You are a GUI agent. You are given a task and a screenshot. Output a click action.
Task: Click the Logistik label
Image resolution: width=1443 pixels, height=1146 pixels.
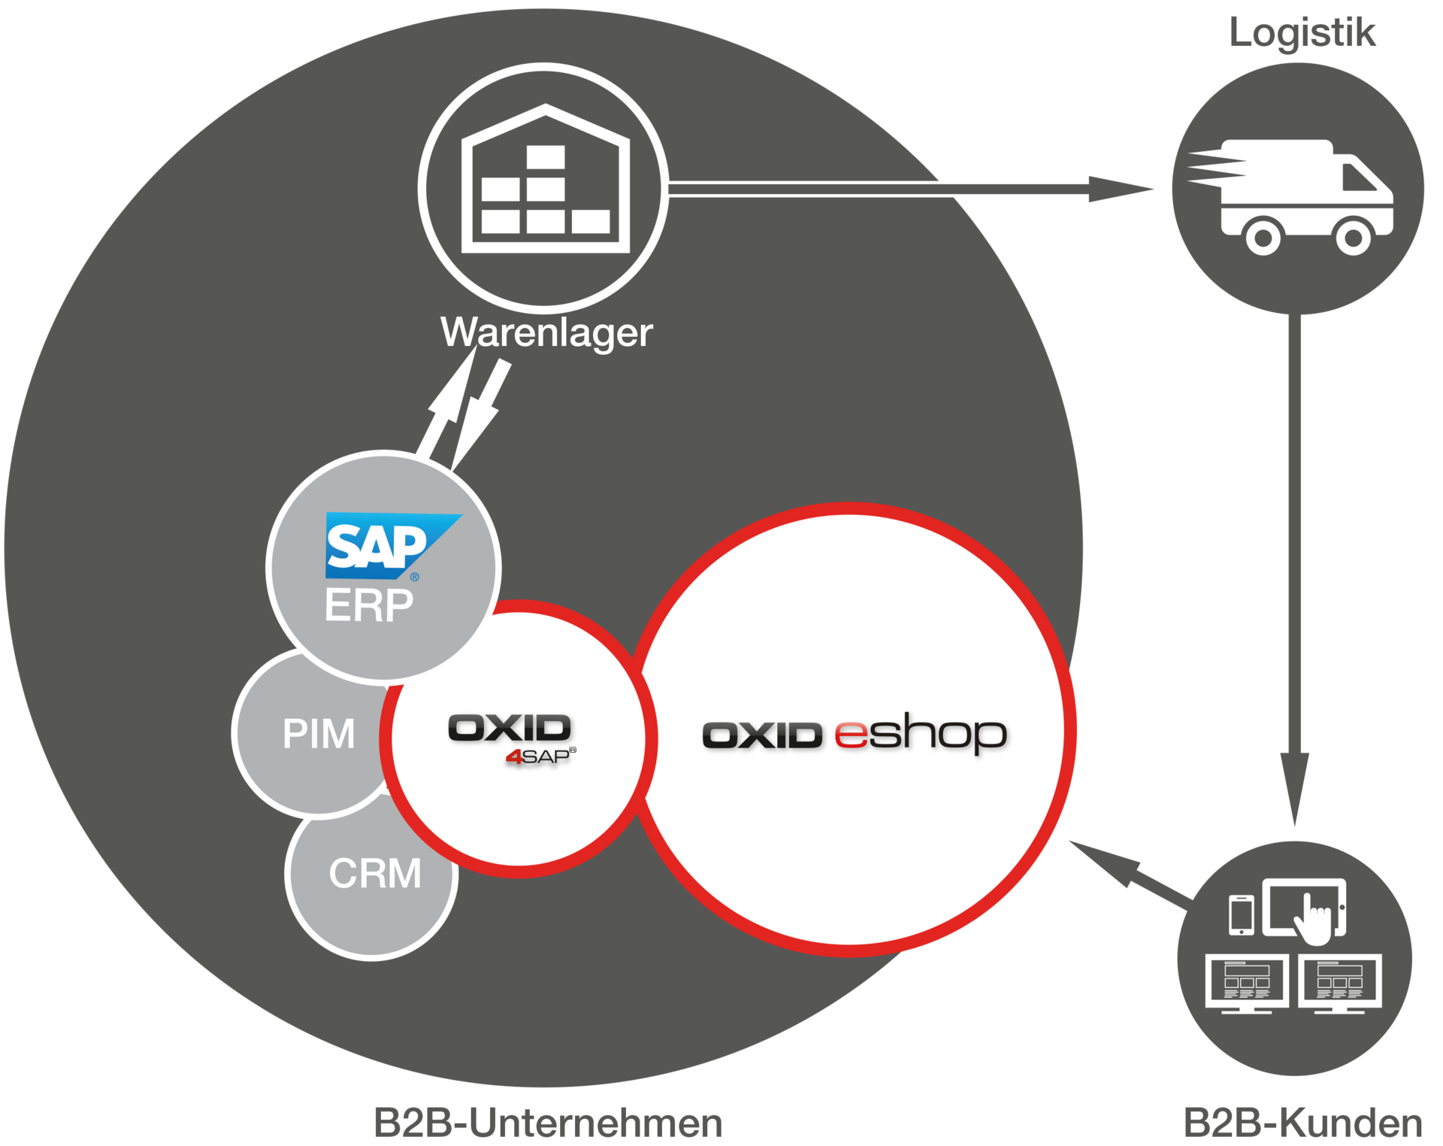tap(1302, 33)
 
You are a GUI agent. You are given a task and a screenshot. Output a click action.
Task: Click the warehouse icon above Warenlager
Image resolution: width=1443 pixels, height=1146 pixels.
tap(544, 180)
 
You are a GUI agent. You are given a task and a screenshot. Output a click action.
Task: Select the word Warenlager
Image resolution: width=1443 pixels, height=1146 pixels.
tap(546, 332)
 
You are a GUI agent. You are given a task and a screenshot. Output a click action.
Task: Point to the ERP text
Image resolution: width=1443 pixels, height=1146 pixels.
tap(369, 605)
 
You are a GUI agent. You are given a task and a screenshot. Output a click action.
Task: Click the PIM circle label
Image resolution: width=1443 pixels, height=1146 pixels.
tap(319, 734)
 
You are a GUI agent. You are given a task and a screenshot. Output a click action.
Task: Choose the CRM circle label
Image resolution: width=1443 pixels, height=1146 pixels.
tap(375, 874)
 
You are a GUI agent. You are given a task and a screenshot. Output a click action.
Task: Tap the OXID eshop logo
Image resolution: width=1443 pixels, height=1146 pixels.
tap(854, 734)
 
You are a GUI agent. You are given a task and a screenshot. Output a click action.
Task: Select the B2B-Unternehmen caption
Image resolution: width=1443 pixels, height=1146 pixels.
tap(547, 1123)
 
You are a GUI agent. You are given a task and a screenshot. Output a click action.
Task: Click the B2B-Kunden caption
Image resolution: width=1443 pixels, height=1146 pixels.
tap(1302, 1123)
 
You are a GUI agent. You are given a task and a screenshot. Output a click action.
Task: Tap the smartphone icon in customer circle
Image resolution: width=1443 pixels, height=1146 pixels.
tap(1241, 915)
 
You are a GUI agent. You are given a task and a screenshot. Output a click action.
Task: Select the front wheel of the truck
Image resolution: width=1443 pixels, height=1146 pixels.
tap(1353, 238)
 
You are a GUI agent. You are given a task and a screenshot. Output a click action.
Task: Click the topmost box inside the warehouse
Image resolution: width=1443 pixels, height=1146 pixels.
tap(546, 157)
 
